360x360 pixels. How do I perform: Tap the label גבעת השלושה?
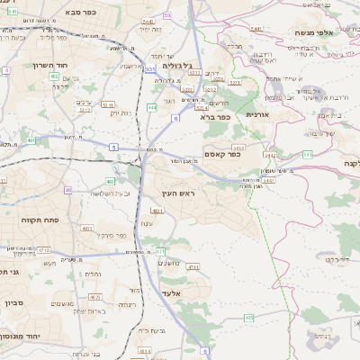112,194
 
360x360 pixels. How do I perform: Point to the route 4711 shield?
192,267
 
